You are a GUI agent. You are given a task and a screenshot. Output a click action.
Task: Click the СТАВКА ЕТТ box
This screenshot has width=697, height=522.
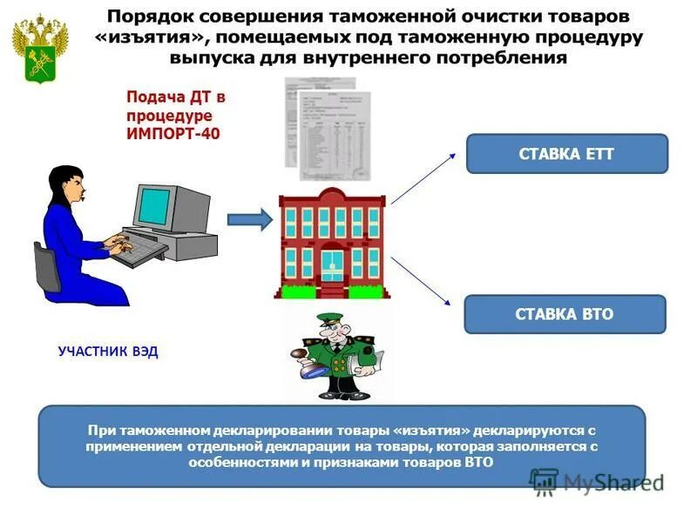[x=566, y=154]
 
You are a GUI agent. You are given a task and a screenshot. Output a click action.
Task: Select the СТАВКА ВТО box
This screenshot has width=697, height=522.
[x=565, y=314]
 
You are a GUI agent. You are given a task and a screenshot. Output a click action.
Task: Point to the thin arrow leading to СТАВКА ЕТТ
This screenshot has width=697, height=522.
[x=423, y=177]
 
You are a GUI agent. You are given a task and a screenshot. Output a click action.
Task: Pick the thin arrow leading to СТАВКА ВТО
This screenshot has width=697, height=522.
[x=421, y=280]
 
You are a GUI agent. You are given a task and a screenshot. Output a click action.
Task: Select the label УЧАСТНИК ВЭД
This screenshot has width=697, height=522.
[x=109, y=352]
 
